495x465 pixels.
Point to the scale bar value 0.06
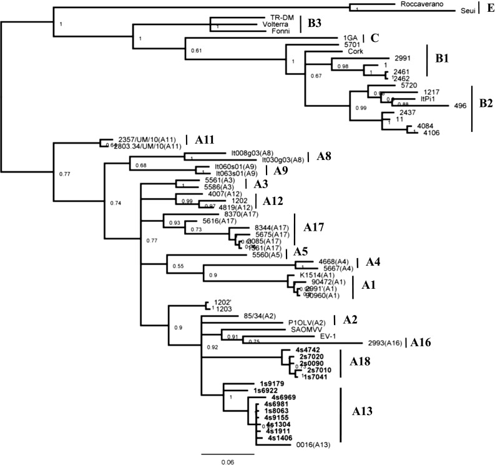coord(227,461)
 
